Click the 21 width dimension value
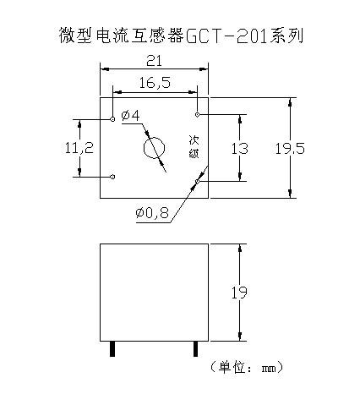[x=154, y=61]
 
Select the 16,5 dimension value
[x=155, y=83]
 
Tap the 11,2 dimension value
[x=79, y=148]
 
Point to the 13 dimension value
[x=240, y=149]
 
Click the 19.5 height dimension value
[x=290, y=149]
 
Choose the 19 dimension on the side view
[x=239, y=293]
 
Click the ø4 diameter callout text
[x=130, y=116]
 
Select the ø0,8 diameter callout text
[x=152, y=213]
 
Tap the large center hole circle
[x=144, y=148]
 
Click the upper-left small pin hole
[x=112, y=119]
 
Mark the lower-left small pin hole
[x=112, y=177]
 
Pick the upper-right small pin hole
[x=198, y=114]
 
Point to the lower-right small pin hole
[x=198, y=181]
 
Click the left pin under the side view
[x=112, y=349]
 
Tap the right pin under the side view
[x=195, y=349]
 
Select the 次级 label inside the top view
[x=194, y=146]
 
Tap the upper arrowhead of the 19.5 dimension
[x=290, y=101]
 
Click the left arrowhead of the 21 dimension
[x=105, y=68]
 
